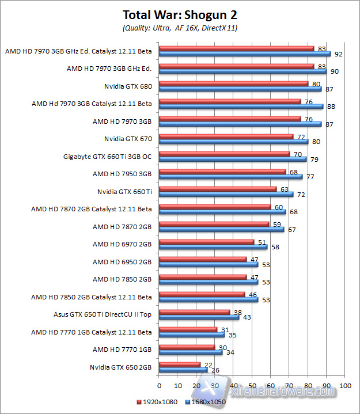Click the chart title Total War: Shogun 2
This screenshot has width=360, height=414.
point(180,14)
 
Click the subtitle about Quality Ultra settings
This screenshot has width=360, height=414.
point(180,28)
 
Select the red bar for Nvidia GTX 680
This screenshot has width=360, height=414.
point(233,83)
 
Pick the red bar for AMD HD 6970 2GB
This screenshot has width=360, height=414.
point(206,242)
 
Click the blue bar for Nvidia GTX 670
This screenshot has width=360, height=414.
point(233,142)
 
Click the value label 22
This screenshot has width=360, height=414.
point(207,364)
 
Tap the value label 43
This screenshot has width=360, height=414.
point(247,317)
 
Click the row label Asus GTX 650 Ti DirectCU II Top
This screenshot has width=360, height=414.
point(102,314)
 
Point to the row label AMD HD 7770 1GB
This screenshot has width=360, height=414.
point(122,349)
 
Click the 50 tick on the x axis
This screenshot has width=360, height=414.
point(252,385)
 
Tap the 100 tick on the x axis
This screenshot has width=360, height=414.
point(345,385)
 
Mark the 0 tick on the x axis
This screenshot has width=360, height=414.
point(158,385)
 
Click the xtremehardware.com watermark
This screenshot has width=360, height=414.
point(288,392)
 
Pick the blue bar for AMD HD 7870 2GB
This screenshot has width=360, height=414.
point(221,229)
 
